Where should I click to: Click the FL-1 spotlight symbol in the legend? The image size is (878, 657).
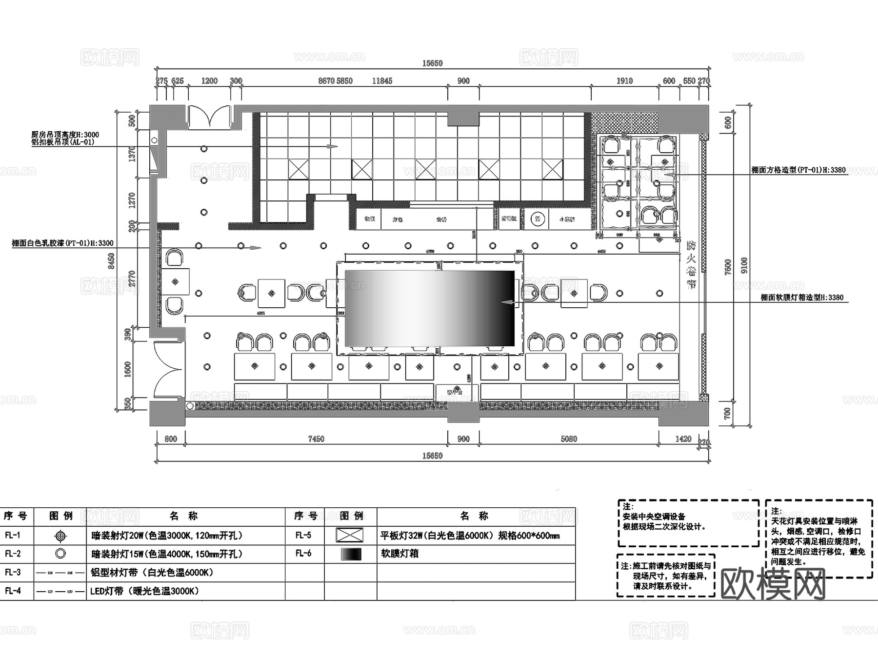pos(60,536)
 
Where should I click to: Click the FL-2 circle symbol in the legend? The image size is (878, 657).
pos(60,554)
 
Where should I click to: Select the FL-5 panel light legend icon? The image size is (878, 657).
pos(349,536)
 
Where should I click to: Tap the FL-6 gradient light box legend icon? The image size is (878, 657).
pos(351,554)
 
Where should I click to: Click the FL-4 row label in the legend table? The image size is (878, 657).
pos(13,591)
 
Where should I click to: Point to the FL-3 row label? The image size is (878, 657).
pos(13,573)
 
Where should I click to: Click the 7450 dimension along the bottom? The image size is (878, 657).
pos(316,439)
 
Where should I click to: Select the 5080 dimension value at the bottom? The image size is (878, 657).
pos(569,439)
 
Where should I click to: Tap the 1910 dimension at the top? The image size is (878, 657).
pos(624,81)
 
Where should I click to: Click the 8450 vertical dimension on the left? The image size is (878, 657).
pos(112,261)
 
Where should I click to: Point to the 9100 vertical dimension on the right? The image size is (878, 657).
pos(744,265)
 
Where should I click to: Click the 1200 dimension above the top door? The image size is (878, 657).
pos(209,81)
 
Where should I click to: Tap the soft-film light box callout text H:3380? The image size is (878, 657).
pos(802,298)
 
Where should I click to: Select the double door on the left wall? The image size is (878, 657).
pos(169,369)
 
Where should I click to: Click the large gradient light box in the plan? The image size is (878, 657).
pos(430,308)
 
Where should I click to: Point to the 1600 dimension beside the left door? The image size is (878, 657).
pos(128,369)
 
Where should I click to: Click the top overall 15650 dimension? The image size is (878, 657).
pos(432,63)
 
